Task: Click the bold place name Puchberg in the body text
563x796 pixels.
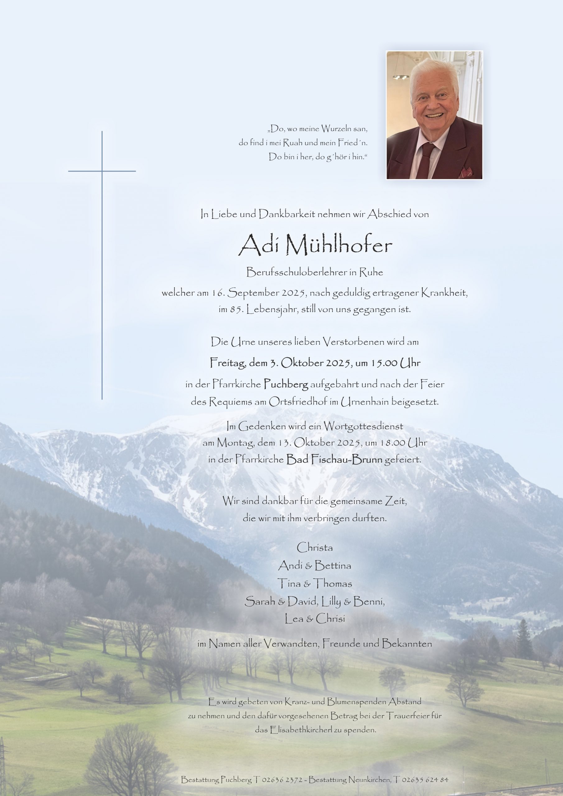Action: click(286, 384)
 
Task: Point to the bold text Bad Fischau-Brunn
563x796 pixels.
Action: click(334, 460)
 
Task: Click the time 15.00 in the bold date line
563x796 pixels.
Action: click(383, 363)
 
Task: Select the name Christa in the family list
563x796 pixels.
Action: click(315, 548)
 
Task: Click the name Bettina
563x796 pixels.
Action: click(332, 566)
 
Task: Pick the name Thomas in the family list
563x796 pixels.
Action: click(333, 584)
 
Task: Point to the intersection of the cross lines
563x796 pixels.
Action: click(102, 171)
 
